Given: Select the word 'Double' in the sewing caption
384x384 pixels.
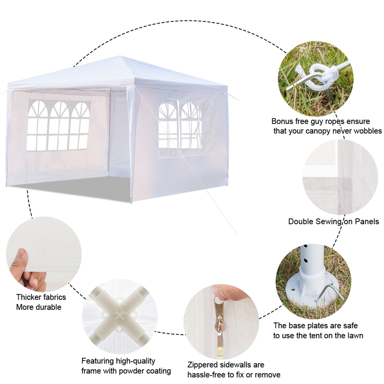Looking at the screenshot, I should click(x=301, y=221).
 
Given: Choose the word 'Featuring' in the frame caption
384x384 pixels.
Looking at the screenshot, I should click(x=98, y=361).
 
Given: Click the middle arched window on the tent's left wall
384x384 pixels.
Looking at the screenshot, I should click(x=58, y=125).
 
